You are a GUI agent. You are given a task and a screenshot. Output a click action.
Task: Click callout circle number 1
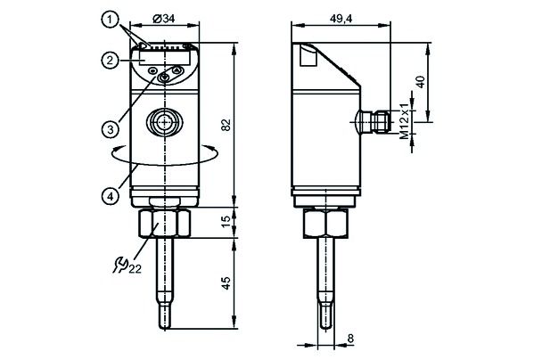click(x=108, y=17)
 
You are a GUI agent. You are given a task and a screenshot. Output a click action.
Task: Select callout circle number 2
click(x=108, y=61)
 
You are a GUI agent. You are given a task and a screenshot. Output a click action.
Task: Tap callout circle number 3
click(x=108, y=127)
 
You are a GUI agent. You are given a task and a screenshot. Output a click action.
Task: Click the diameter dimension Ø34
click(x=163, y=17)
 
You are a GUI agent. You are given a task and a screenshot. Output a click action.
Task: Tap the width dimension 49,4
click(x=340, y=17)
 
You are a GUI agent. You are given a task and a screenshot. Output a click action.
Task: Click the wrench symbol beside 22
click(x=113, y=264)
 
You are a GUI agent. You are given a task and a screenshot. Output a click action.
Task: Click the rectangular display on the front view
click(x=153, y=61)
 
